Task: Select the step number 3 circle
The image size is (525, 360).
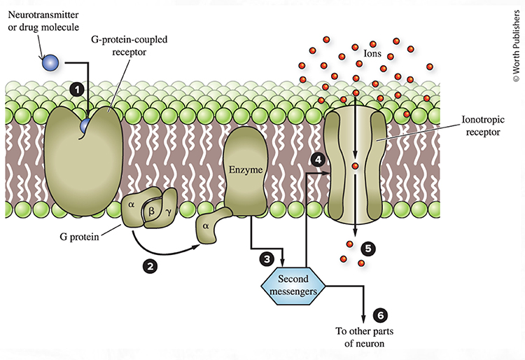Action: tap(267, 258)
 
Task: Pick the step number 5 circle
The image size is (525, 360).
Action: tap(369, 248)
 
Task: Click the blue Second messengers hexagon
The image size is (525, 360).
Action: tap(293, 285)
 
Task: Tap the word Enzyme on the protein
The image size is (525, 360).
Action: tap(244, 169)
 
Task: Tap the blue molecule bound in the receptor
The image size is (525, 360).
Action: tap(85, 125)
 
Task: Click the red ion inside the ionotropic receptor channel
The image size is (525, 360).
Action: tap(356, 166)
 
